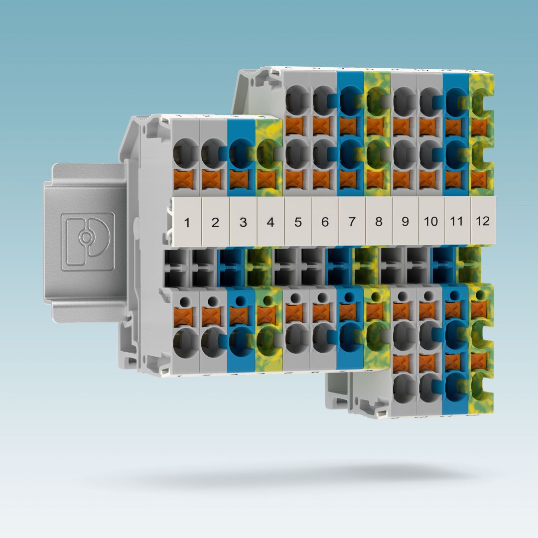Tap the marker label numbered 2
215,222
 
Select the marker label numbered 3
243,222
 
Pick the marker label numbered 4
270,222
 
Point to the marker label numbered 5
298,222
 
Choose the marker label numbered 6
325,221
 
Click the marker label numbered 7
352,221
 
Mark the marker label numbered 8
379,221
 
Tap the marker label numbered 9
404,221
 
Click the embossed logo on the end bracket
87,241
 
